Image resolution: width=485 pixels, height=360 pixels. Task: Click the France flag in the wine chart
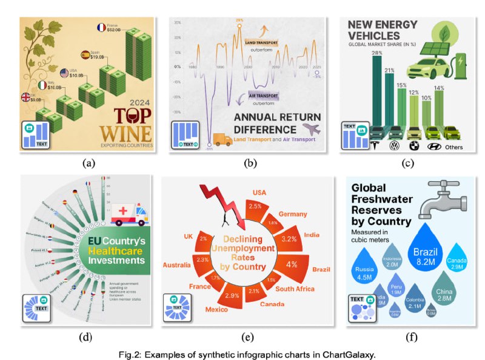[101, 27]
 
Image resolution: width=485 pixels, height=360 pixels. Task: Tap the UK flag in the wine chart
[26, 97]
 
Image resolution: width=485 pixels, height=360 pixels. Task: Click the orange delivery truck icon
[222, 141]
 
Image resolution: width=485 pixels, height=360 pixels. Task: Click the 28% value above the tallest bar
[376, 54]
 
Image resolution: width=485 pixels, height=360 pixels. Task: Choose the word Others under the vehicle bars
[454, 147]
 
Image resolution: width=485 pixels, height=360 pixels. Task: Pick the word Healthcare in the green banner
[119, 250]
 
